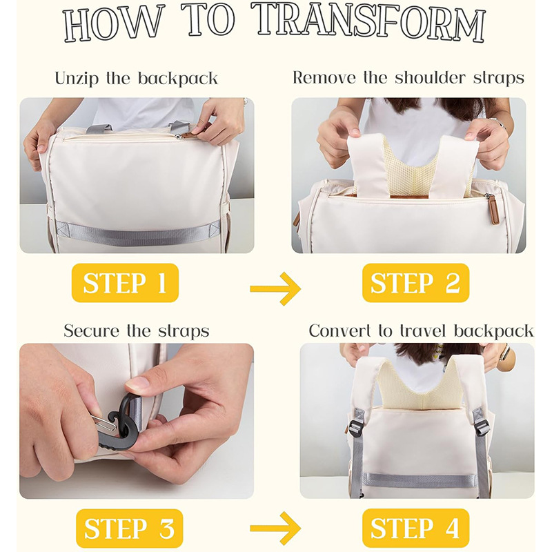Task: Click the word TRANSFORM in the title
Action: point(370,22)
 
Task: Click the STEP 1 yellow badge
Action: point(125,283)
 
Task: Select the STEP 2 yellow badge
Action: point(416,283)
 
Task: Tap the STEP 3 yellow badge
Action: point(130,528)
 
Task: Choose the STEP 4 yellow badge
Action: point(416,528)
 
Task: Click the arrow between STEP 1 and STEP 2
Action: point(275,288)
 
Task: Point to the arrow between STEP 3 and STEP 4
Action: point(275,528)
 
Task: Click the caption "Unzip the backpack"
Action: point(136,78)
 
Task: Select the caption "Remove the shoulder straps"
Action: point(408,77)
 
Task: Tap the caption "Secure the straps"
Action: point(137,331)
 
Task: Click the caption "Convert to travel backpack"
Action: point(421,331)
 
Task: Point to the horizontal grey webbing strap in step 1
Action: point(137,233)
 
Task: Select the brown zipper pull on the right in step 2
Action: point(494,210)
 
